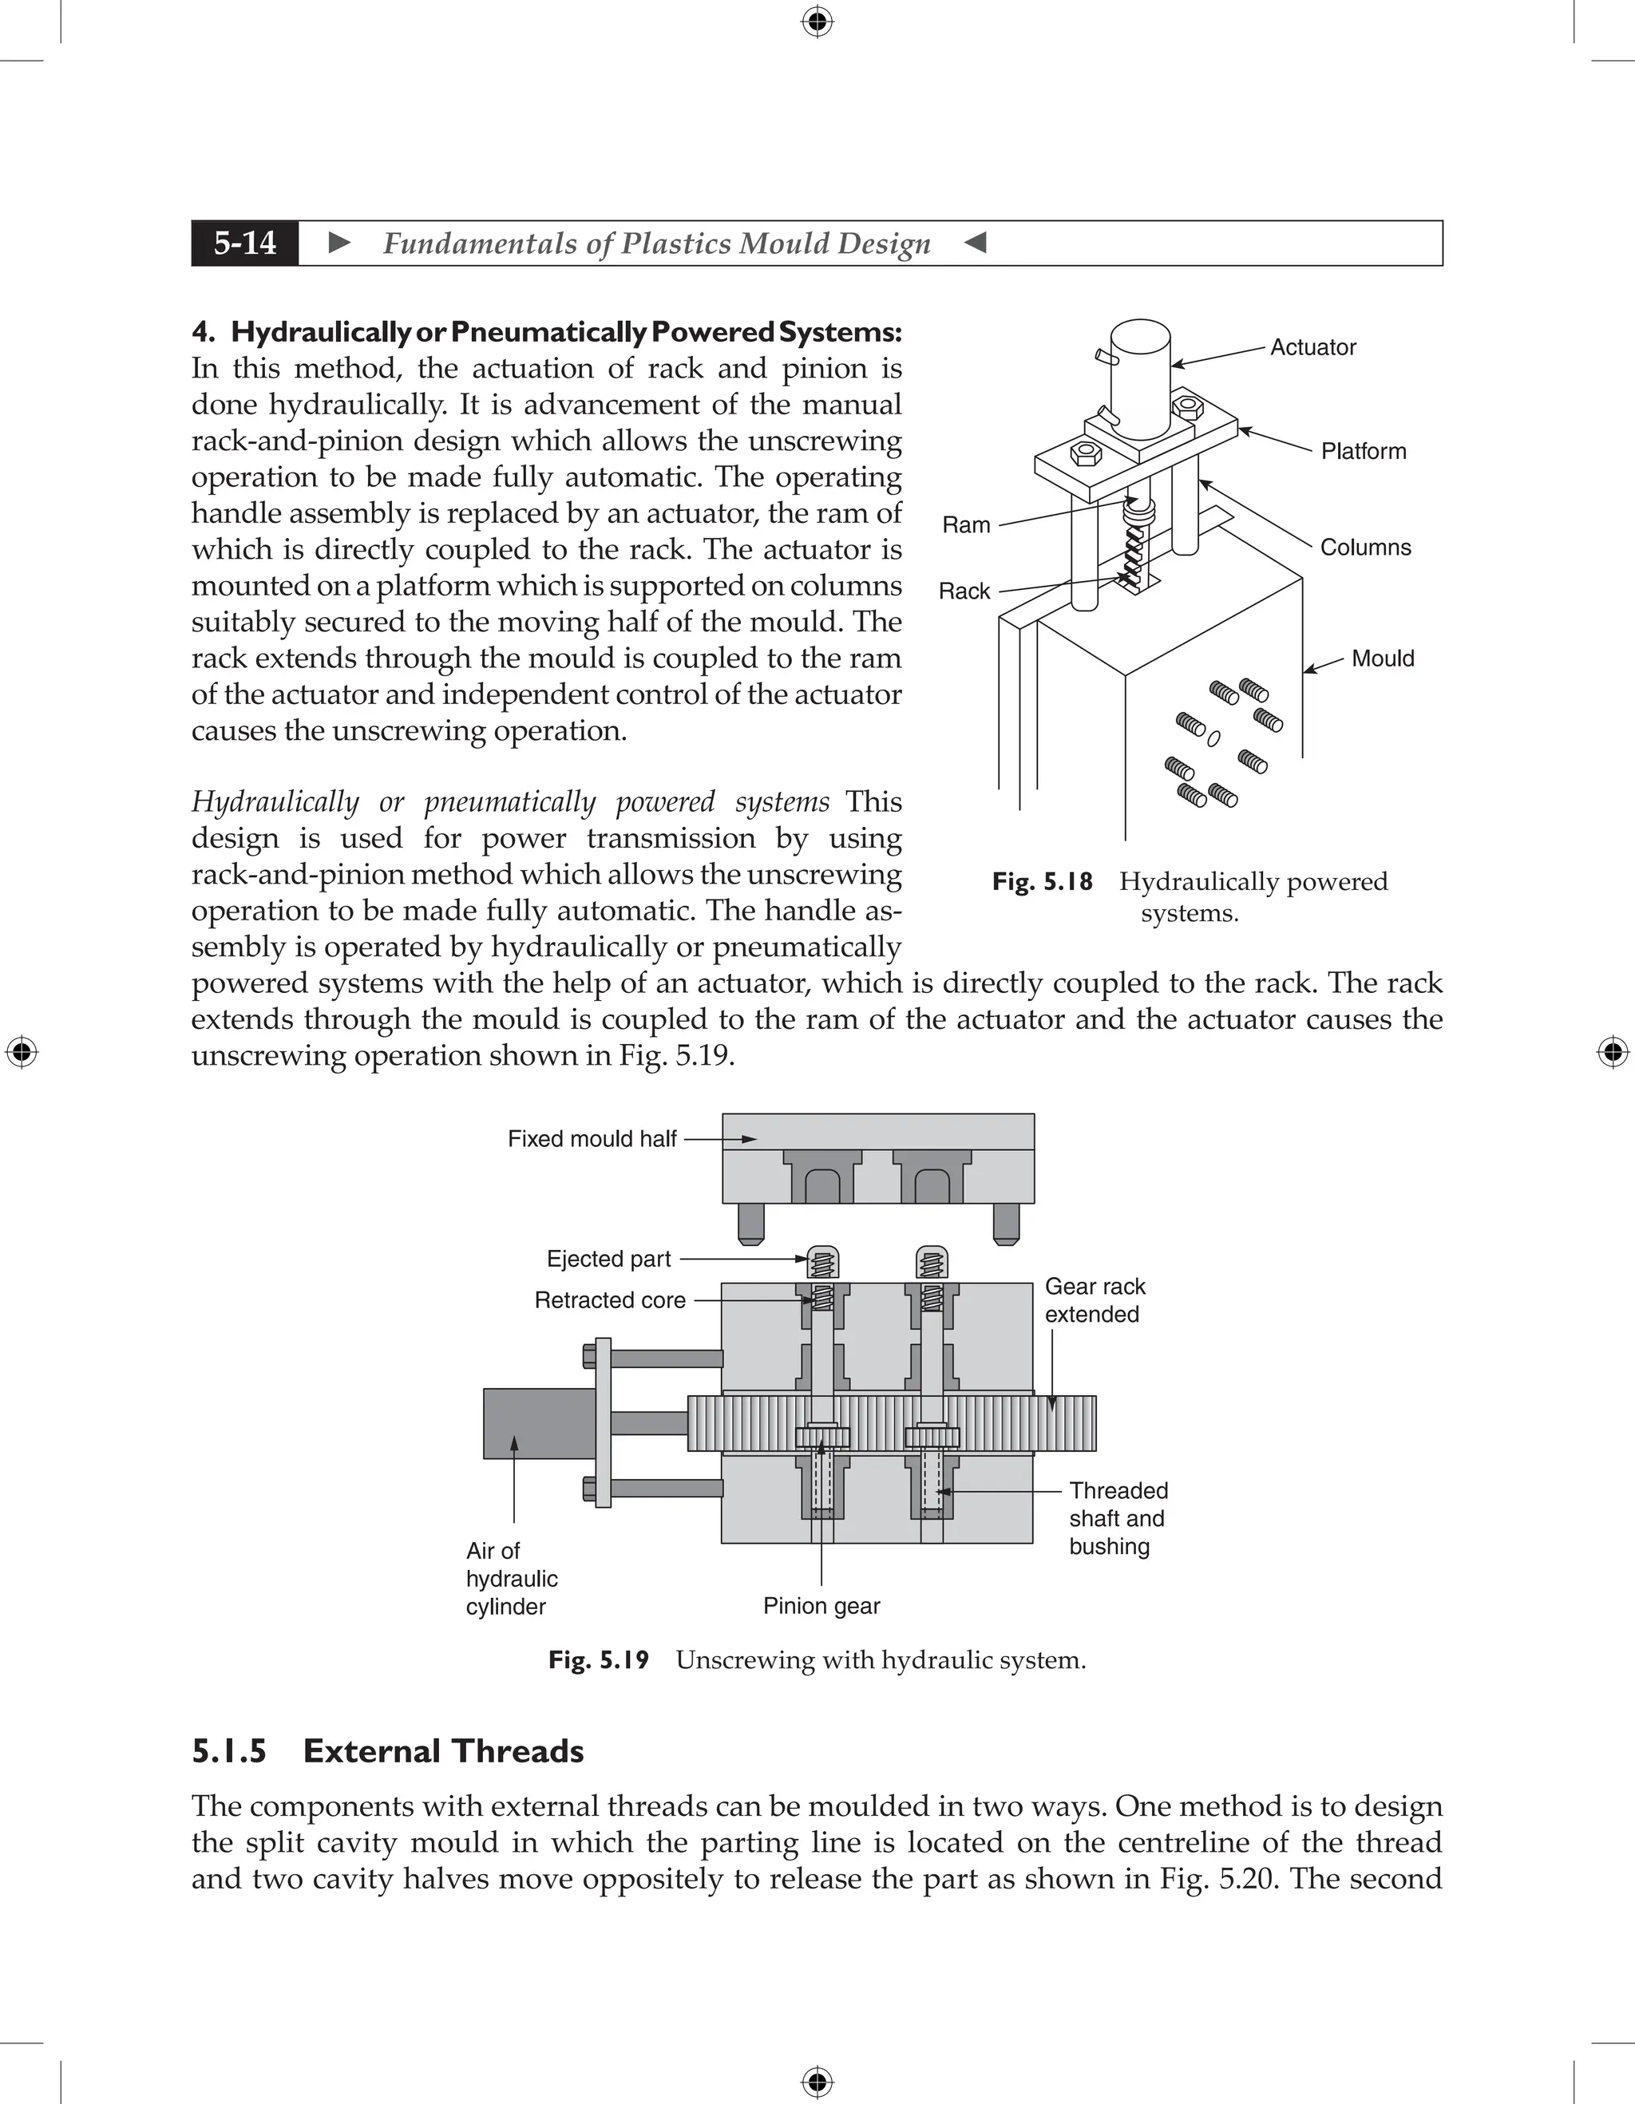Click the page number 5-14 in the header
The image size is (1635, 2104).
245,243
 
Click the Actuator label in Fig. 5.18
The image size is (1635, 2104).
1312,347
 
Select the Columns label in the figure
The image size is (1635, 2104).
1364,548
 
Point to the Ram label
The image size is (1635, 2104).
965,525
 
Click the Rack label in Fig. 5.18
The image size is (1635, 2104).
964,591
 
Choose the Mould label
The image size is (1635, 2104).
1382,659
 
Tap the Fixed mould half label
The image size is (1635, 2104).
592,1139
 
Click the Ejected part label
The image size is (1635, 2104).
608,1259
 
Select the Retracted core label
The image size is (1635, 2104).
609,1300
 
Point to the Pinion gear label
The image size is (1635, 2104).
821,1606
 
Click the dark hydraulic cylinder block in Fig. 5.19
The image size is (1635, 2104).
537,1423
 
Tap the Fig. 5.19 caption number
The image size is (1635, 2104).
598,1660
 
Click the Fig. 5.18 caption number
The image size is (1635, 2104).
1043,881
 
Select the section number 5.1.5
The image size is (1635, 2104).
228,1750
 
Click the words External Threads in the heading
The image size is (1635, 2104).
443,1750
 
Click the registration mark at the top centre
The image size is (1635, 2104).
817,22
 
